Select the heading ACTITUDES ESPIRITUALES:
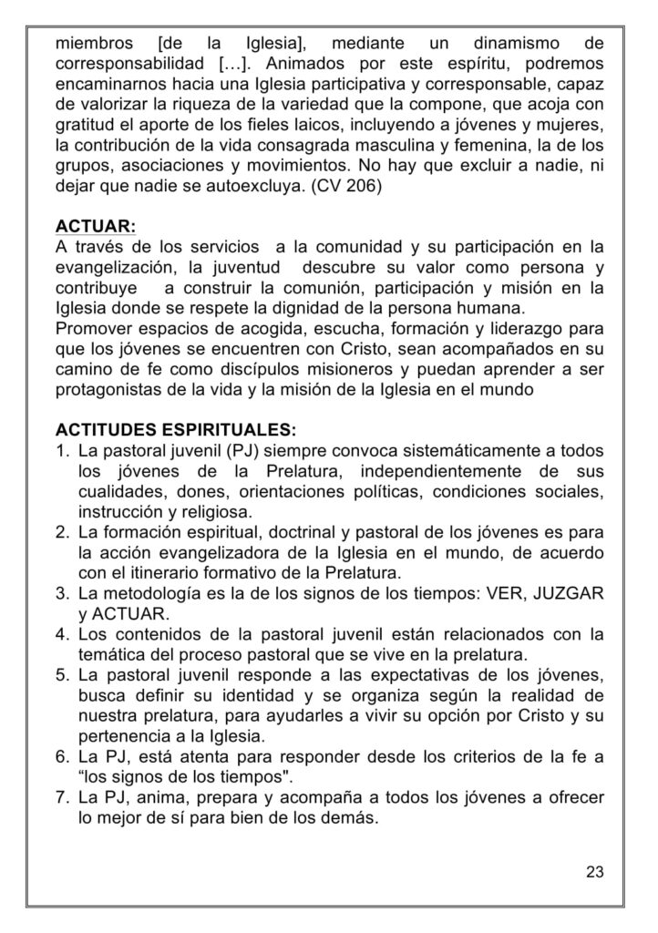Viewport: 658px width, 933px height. (x=174, y=429)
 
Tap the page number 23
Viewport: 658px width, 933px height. (x=594, y=872)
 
